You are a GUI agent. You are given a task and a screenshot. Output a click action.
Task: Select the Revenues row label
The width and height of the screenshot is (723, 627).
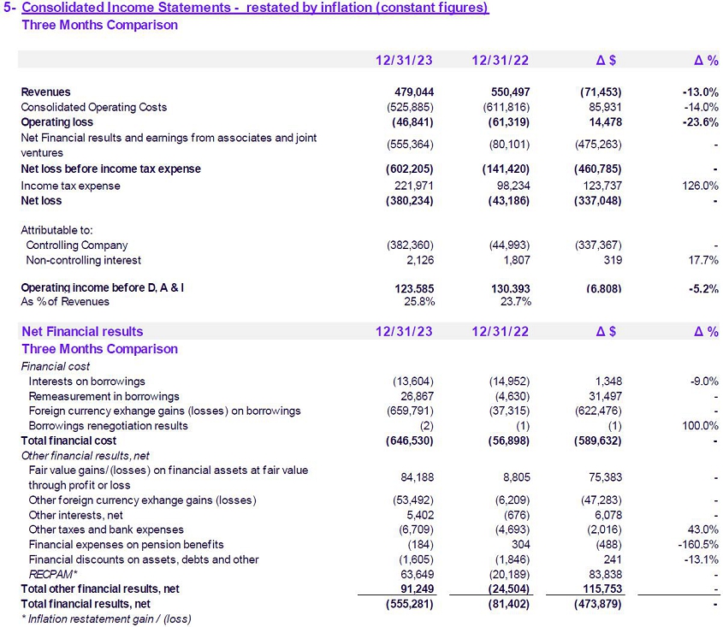(x=45, y=92)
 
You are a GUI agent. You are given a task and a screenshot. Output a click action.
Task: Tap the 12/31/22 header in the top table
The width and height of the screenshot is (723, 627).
(x=500, y=60)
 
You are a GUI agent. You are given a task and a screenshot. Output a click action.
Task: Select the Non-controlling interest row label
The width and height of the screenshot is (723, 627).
(x=84, y=260)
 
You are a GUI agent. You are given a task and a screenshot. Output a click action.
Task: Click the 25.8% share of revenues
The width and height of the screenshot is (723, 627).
(x=418, y=301)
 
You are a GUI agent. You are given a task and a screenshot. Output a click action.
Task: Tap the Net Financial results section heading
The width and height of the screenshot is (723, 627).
(x=82, y=331)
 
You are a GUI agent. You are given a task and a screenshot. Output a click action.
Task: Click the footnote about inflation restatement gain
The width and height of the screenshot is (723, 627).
(x=106, y=618)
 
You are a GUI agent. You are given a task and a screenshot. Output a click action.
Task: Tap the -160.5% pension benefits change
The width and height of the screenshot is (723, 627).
(x=696, y=544)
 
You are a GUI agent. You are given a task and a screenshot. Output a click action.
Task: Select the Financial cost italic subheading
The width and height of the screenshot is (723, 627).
(x=56, y=366)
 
